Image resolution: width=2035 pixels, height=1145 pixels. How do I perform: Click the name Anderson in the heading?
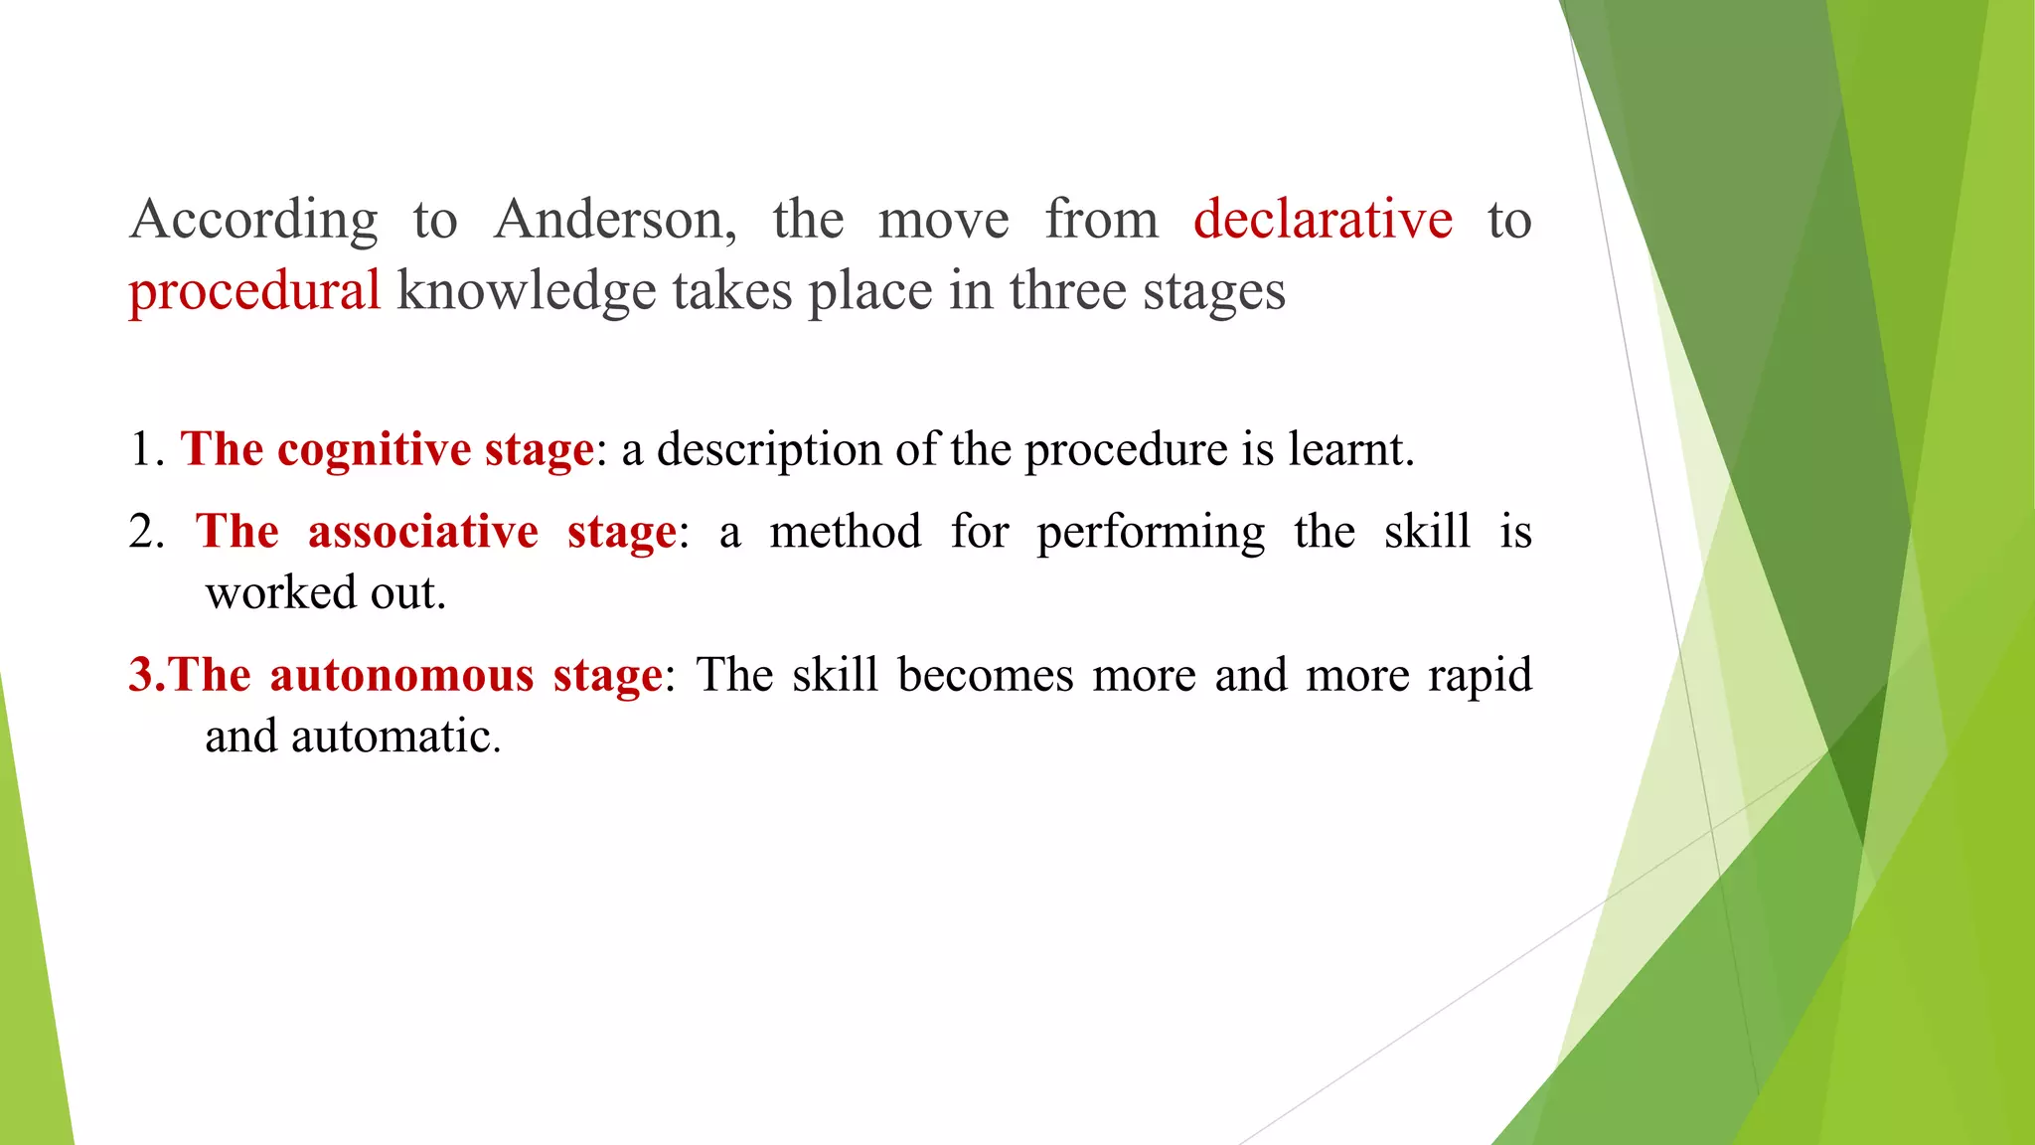(614, 220)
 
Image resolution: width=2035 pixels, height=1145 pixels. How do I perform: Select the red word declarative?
(1323, 220)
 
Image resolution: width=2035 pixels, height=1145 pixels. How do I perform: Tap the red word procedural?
(254, 292)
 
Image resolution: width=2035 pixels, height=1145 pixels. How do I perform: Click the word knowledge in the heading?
(526, 292)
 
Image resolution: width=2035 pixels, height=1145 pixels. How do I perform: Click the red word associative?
(423, 532)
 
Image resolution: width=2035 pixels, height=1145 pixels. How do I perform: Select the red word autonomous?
(401, 676)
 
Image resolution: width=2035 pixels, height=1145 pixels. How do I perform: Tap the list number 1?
(145, 450)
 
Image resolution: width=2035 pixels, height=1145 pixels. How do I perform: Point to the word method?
(846, 532)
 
